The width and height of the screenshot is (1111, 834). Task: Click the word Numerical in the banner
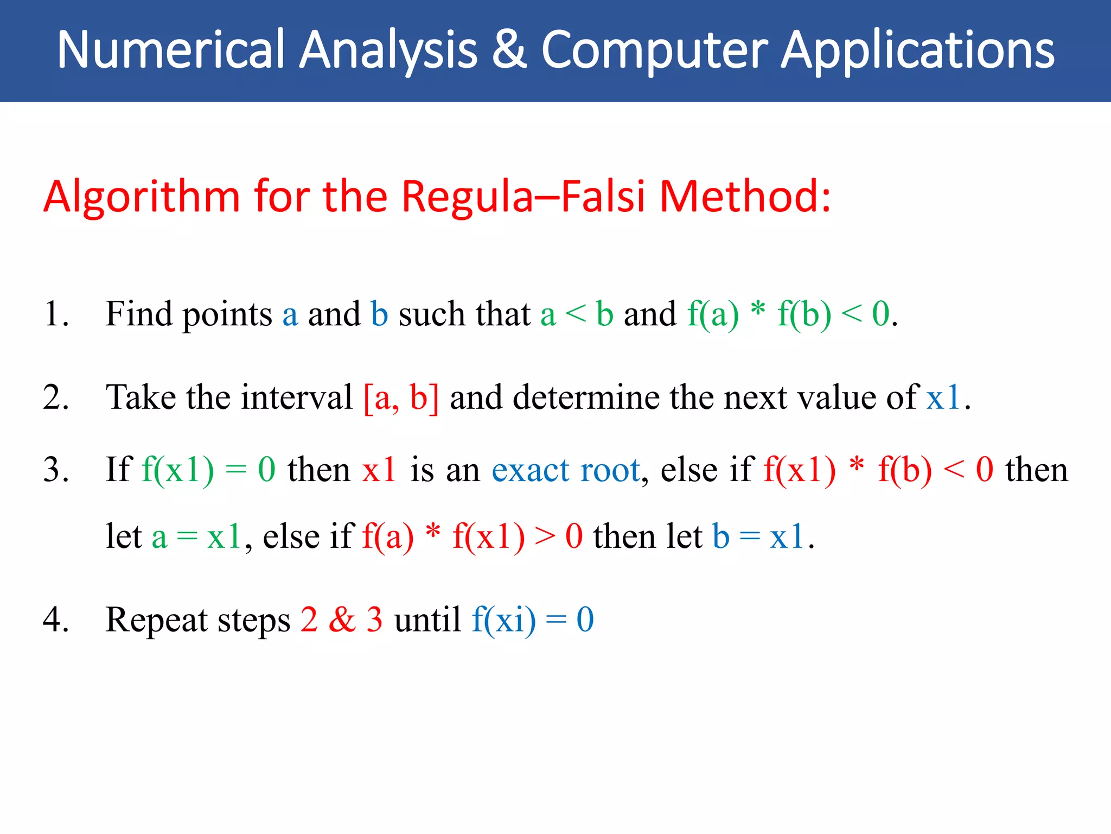(171, 50)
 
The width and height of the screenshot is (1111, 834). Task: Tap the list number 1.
(55, 314)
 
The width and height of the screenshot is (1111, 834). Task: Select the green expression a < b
(576, 314)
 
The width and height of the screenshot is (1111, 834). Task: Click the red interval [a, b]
(401, 397)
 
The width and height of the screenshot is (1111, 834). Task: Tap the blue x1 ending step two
(943, 397)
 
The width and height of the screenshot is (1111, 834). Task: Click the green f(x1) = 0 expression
(208, 470)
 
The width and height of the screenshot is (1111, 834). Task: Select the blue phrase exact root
(566, 470)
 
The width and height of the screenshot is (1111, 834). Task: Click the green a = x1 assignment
(196, 537)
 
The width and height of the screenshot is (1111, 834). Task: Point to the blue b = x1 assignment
(757, 537)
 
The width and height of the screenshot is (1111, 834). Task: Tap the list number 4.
(55, 620)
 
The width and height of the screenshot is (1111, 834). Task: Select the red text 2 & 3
(341, 620)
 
